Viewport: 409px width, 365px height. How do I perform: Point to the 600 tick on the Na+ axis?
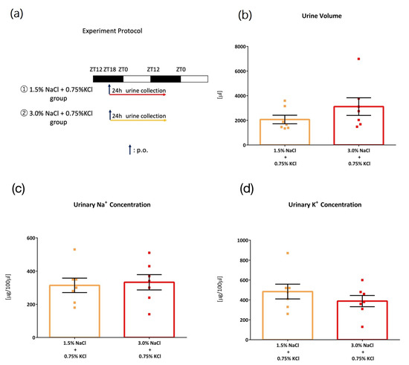[x=35, y=238]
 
